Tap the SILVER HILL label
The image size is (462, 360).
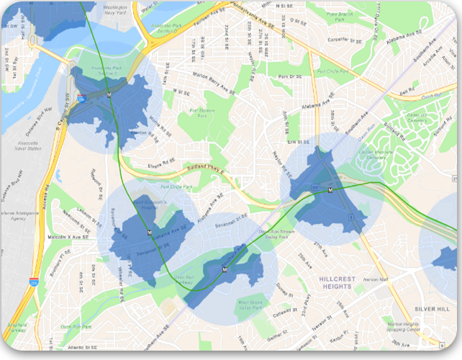[431, 309]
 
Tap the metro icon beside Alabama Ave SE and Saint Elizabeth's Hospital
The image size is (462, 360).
[150, 233]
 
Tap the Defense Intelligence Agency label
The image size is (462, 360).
[19, 217]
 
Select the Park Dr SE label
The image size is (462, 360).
[290, 76]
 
